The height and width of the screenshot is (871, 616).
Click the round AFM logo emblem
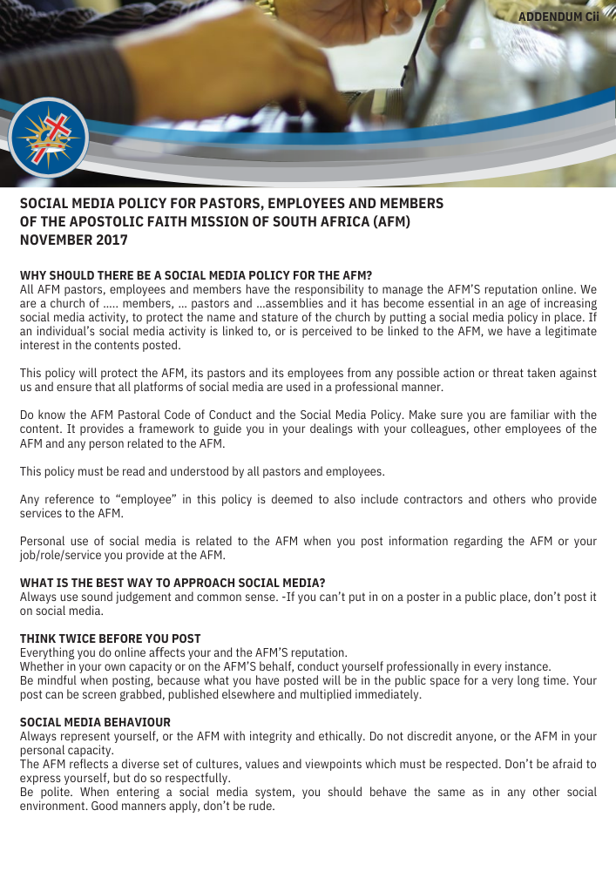point(48,138)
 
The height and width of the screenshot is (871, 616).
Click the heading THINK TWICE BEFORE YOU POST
point(110,638)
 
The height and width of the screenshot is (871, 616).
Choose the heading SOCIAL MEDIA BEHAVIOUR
point(95,722)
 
